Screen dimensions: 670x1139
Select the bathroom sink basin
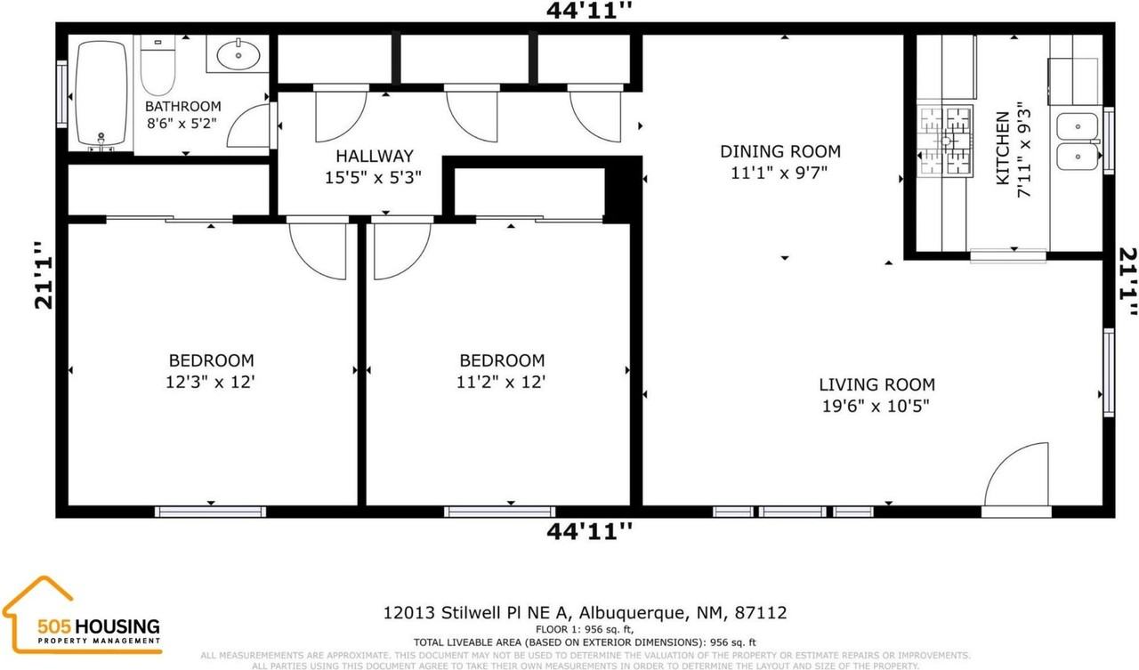[x=238, y=55]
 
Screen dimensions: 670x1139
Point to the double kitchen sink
[x=1076, y=142]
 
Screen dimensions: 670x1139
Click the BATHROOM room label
[x=182, y=107]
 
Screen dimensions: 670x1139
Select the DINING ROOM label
[x=780, y=152]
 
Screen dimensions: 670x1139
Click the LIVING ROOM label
[x=876, y=385]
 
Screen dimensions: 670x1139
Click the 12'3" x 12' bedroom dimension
[x=212, y=383]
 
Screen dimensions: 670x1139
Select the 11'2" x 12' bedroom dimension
[x=502, y=383]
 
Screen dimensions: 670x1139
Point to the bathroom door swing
[x=249, y=126]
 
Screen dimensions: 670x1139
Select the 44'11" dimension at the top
[x=589, y=11]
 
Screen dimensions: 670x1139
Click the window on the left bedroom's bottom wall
[x=210, y=512]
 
